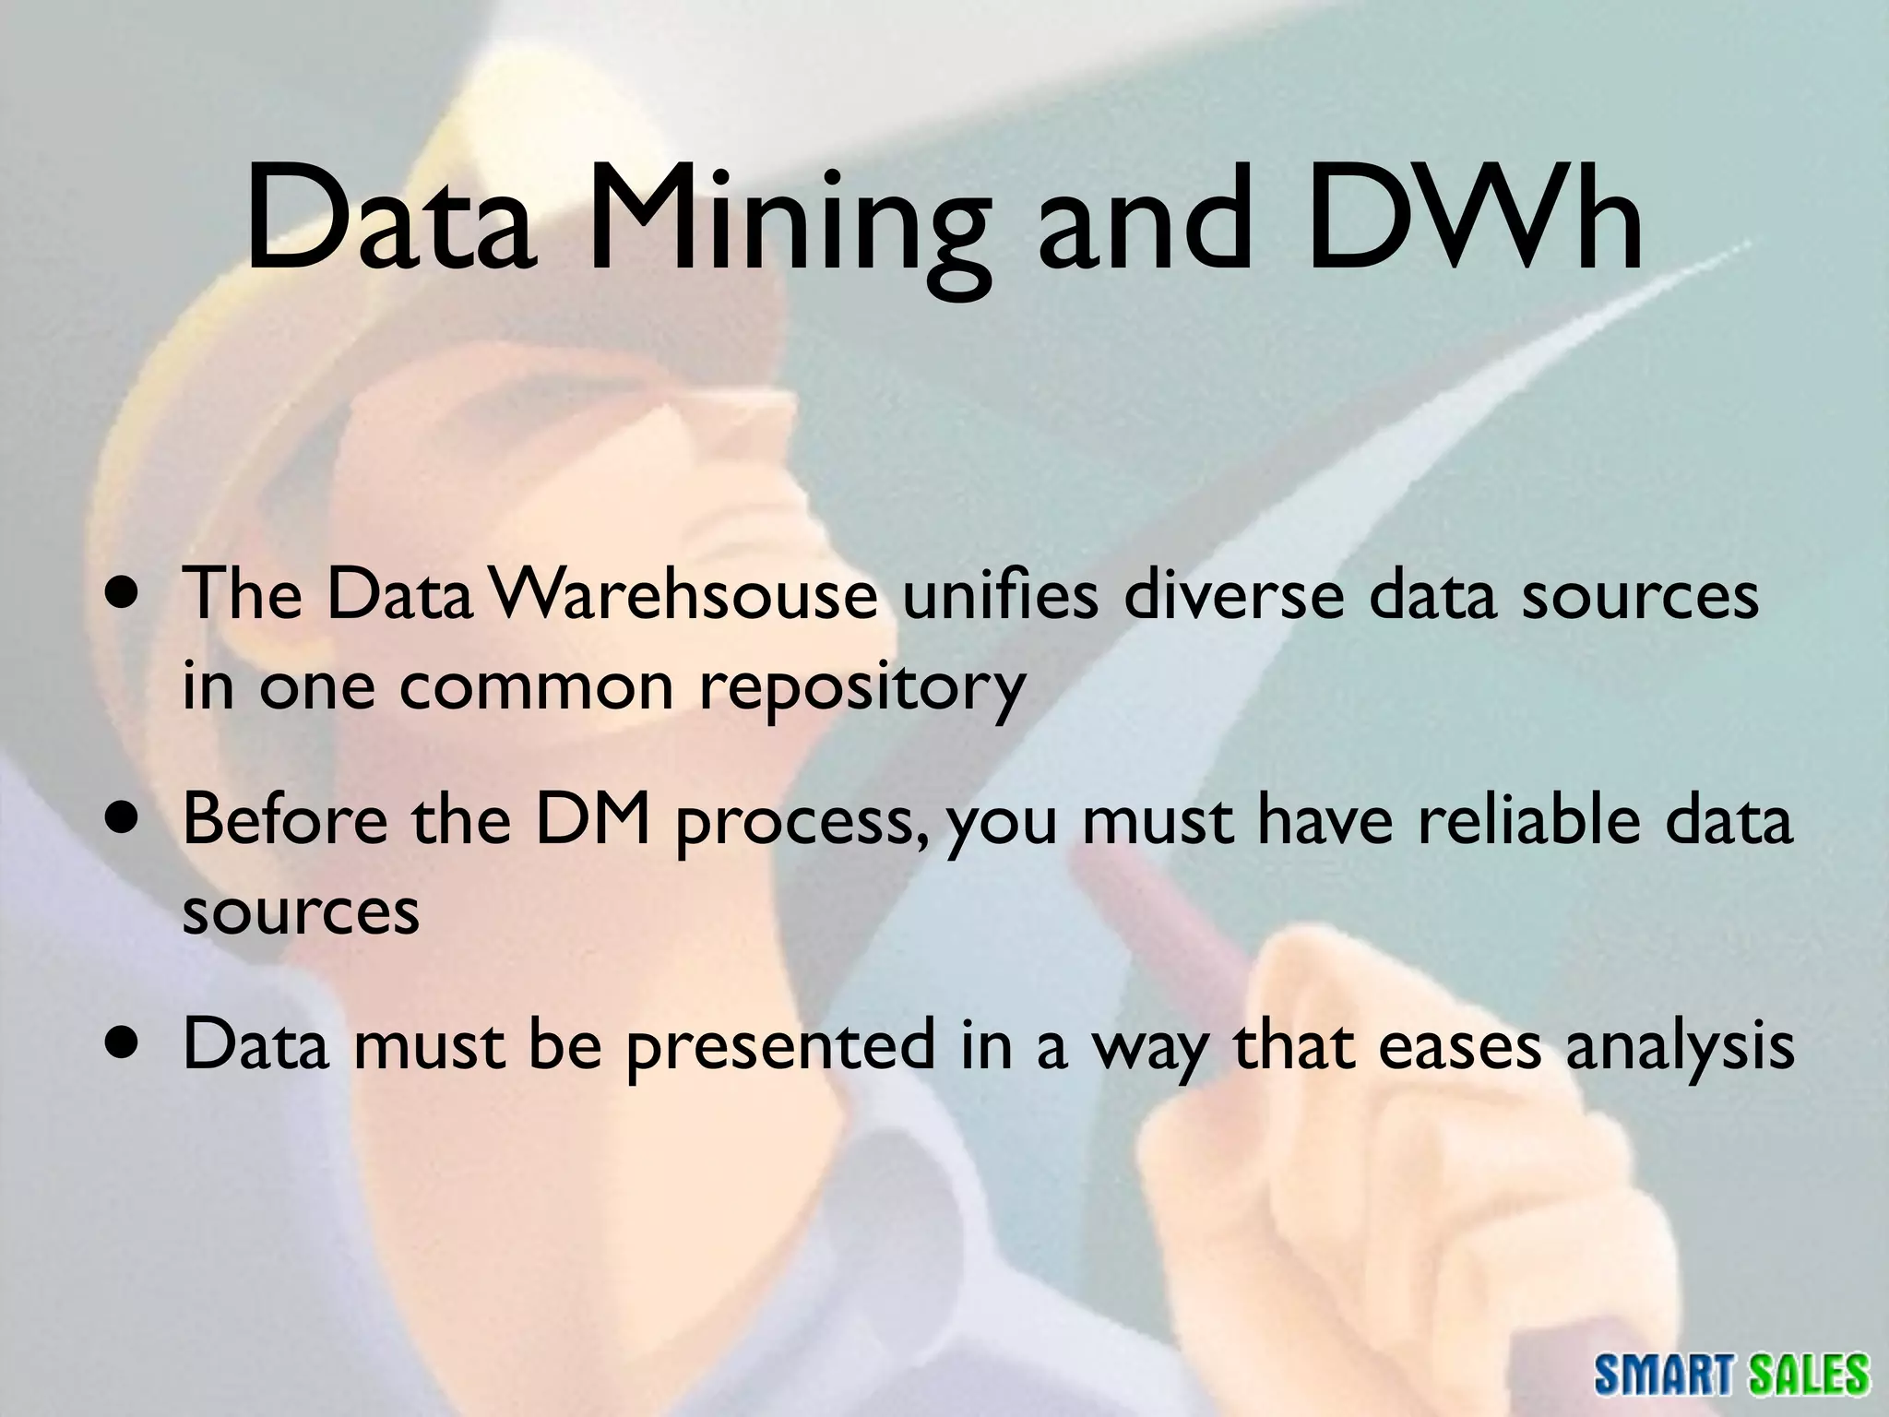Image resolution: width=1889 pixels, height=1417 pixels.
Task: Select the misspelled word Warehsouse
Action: (684, 595)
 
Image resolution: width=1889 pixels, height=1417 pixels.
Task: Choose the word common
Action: (537, 687)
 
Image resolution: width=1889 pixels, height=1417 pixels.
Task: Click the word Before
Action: (285, 819)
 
